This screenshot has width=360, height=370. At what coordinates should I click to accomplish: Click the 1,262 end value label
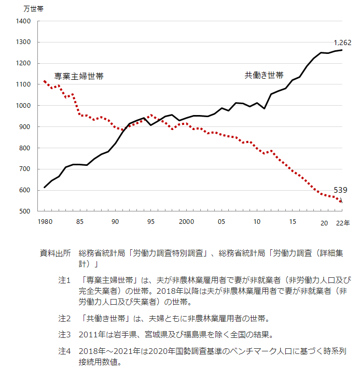342,42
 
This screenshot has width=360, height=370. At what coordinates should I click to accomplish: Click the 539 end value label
340,190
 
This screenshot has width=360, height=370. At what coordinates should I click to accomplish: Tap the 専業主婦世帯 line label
79,76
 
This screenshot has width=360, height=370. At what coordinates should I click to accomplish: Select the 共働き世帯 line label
264,75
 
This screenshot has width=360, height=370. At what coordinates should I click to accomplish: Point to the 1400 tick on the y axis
24,21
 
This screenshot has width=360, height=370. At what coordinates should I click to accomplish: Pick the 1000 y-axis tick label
24,106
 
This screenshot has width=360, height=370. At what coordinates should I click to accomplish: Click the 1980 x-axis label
45,222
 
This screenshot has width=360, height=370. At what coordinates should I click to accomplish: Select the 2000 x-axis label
186,222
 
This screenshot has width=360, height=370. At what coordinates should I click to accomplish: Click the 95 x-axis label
151,222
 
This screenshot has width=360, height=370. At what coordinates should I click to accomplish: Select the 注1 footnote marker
64,280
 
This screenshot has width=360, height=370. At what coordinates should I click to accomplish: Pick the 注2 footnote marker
64,318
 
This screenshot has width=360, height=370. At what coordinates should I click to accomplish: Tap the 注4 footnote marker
64,351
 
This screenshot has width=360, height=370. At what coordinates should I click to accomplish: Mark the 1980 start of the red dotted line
45,81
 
